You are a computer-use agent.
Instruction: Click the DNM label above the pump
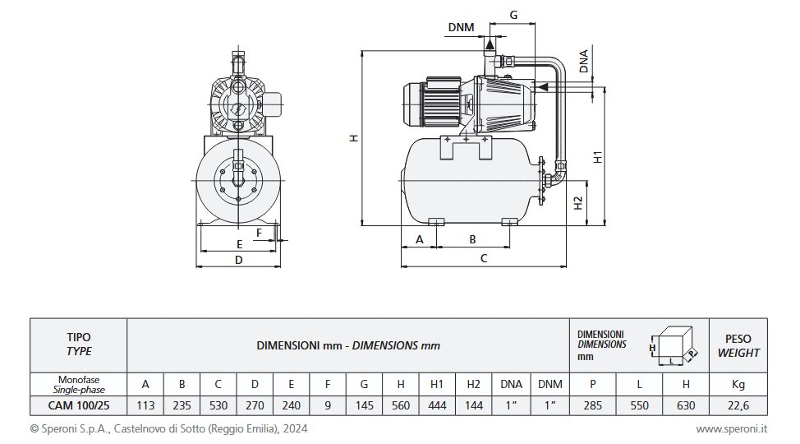(461, 27)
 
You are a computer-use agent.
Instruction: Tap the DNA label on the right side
(584, 62)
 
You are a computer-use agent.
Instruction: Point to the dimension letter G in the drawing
(513, 15)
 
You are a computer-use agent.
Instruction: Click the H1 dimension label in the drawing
(598, 156)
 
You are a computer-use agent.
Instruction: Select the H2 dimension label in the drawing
(578, 202)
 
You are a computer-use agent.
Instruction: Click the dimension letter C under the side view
(484, 258)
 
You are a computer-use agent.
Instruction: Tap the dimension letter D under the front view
(239, 260)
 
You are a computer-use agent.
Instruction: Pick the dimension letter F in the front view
(260, 233)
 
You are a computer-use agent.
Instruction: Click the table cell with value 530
(218, 405)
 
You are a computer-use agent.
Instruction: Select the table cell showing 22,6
(738, 405)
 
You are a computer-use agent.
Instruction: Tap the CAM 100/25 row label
(79, 405)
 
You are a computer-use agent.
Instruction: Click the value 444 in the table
(437, 405)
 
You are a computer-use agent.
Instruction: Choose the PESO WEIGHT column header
(738, 345)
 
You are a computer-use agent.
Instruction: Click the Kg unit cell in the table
(738, 384)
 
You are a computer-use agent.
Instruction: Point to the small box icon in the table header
(674, 346)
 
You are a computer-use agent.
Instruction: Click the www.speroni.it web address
(731, 428)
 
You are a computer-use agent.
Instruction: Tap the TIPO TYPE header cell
(79, 345)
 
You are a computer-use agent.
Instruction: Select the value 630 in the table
(686, 405)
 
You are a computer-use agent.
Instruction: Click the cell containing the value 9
(328, 405)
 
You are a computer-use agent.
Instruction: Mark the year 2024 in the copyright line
(297, 428)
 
